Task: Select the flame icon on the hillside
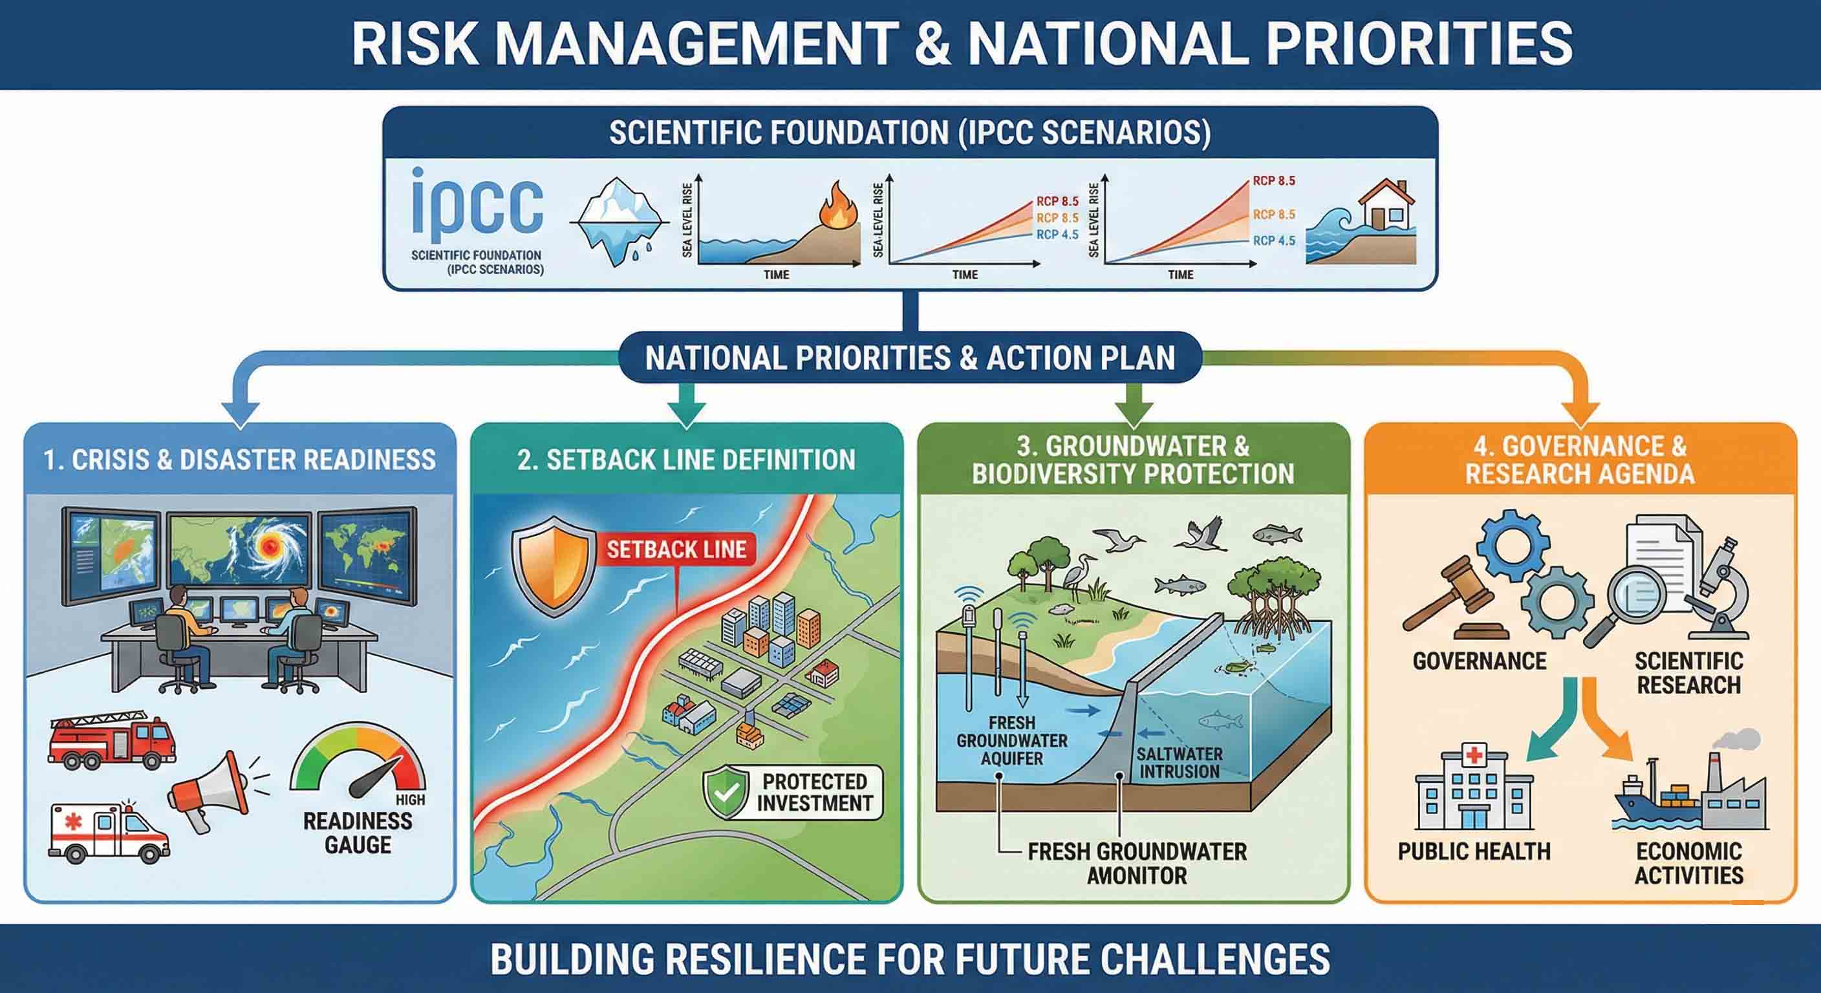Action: tap(837, 205)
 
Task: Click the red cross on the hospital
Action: tap(1474, 755)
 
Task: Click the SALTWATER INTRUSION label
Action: tap(1179, 763)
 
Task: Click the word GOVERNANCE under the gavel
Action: tap(1480, 661)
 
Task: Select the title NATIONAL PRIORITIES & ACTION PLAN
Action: tap(910, 358)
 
